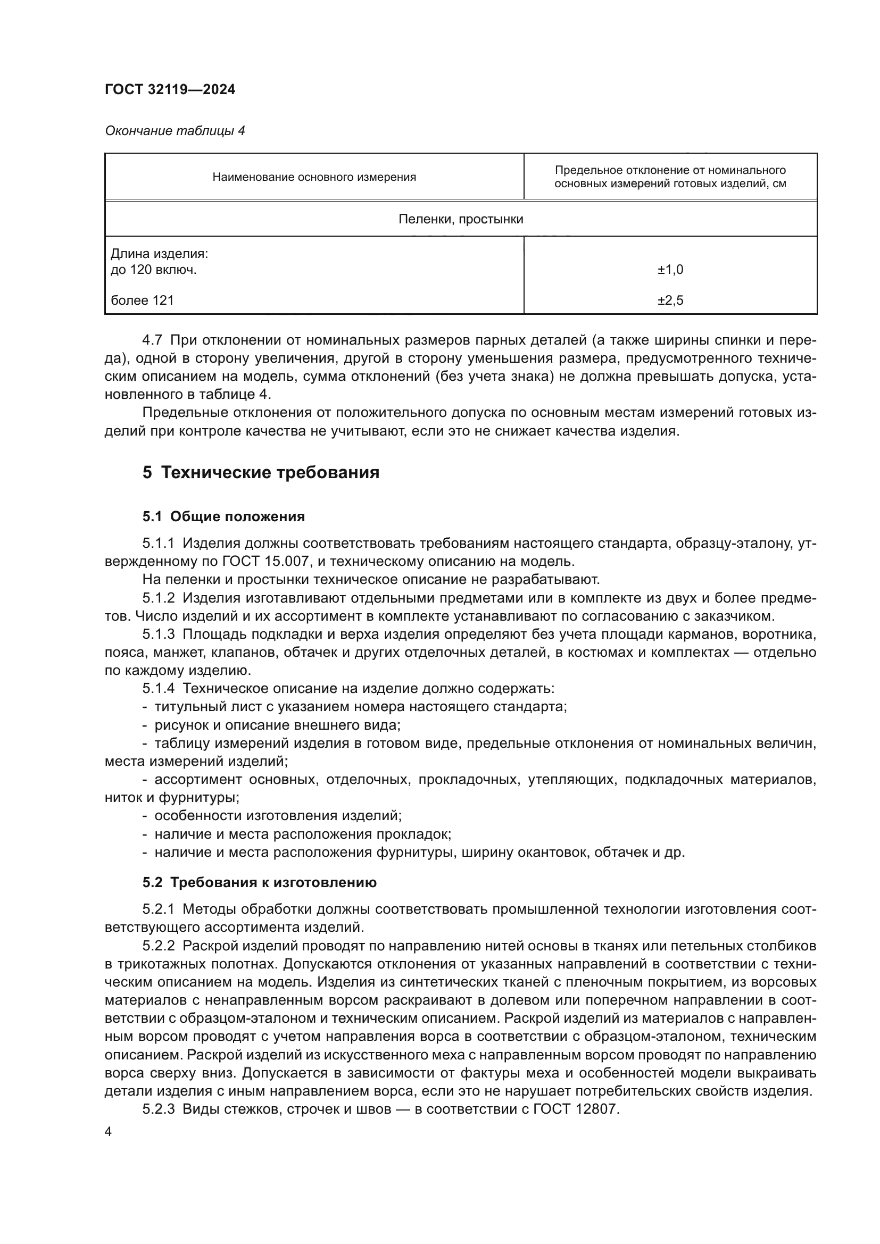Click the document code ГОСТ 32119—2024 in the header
pos(170,90)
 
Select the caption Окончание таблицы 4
pos(175,131)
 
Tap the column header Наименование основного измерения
pos(314,177)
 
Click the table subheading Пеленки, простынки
pos(461,219)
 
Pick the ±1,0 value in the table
pos(670,269)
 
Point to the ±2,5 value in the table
pos(670,300)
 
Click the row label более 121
pos(142,300)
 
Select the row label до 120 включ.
pos(153,269)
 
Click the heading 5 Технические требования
pos(261,472)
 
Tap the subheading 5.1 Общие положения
pos(223,516)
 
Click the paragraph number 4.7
pos(152,340)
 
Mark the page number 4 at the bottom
pos(109,1132)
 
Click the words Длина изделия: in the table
pos(159,254)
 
